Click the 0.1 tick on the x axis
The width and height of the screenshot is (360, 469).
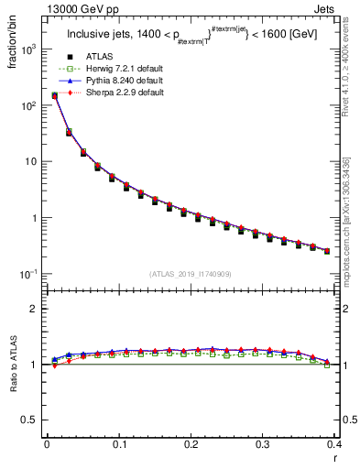click(119, 445)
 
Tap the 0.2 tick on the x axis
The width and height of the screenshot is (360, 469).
click(191, 445)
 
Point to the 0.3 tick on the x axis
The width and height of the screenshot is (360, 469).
click(263, 445)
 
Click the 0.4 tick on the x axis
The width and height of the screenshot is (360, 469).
click(335, 445)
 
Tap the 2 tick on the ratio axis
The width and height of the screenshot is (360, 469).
click(38, 309)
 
